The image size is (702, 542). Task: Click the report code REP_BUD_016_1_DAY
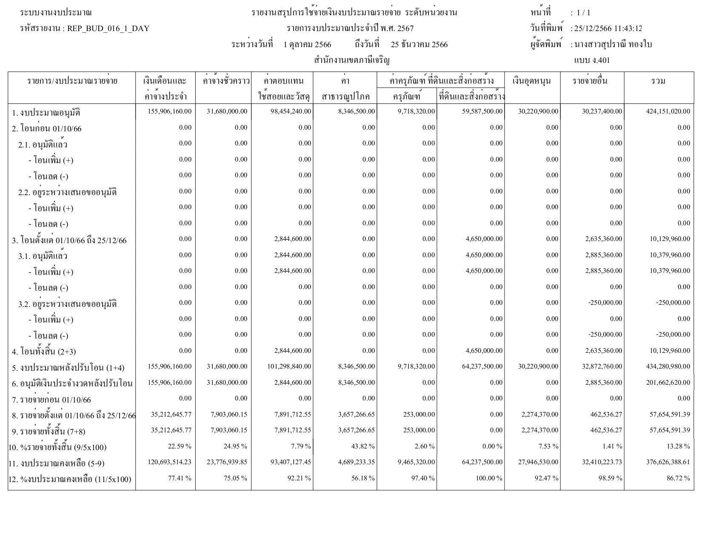tap(108, 29)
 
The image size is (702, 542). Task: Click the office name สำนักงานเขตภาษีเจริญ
tap(352, 60)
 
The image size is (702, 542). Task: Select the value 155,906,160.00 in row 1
tap(169, 111)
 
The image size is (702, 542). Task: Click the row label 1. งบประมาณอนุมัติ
tap(46, 113)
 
